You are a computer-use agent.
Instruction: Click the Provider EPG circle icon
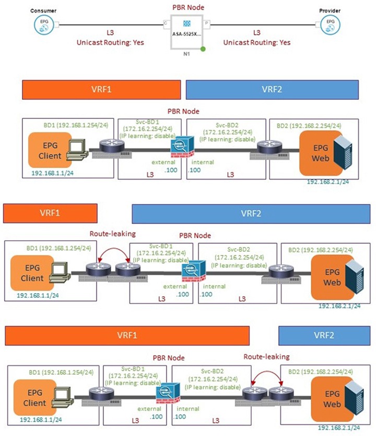(330, 23)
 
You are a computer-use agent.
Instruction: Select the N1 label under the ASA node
(187, 54)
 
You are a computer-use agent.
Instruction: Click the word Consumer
(44, 10)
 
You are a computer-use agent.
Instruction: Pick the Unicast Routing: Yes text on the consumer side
(110, 42)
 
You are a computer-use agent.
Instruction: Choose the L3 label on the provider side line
(256, 32)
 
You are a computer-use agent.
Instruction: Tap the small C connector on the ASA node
(166, 23)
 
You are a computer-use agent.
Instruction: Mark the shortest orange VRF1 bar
(51, 214)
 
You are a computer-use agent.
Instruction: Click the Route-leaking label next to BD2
(267, 356)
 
